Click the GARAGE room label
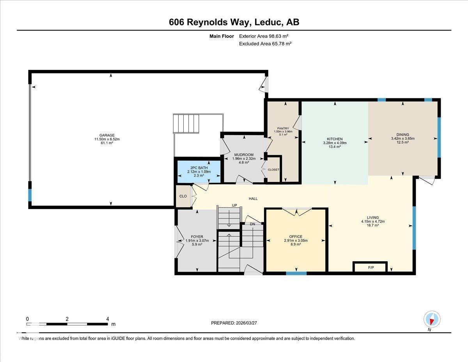coord(106,135)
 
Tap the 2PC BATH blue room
coord(193,172)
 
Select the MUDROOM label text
coord(244,154)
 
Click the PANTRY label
coord(283,128)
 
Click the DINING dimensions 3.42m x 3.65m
coord(402,139)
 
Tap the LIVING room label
coord(372,218)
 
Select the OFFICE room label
coord(296,236)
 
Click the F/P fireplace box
coord(370,267)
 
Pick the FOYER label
coord(197,237)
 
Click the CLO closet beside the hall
coord(183,196)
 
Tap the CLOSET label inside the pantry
coord(273,169)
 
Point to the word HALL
coord(253,199)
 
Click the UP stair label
coord(234,205)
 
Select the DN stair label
coord(252,224)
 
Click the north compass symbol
coord(432,319)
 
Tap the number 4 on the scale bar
coord(108,319)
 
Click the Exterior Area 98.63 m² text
coord(264,36)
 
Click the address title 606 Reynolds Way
coord(209,22)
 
